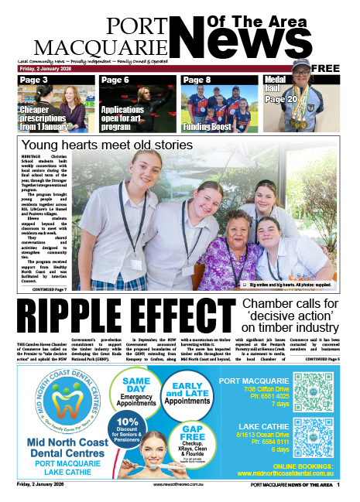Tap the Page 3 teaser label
pos(34,80)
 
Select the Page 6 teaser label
pos(115,80)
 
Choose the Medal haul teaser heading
pos(276,80)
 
